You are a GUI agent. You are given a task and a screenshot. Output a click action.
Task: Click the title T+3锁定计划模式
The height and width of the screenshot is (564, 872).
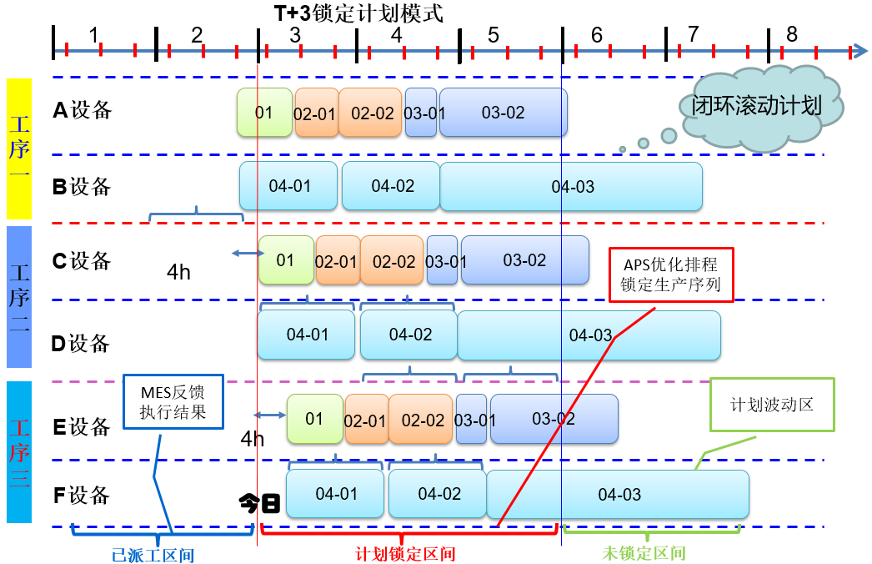coord(358,14)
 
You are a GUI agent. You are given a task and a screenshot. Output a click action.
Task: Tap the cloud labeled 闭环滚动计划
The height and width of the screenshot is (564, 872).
coord(757,107)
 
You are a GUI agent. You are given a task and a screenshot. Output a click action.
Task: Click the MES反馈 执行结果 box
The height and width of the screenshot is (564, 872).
coord(173,401)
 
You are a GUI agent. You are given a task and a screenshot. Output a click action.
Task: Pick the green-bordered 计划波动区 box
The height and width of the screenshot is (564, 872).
coord(771,405)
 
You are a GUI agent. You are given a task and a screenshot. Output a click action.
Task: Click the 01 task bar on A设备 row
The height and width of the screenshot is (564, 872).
coord(264,113)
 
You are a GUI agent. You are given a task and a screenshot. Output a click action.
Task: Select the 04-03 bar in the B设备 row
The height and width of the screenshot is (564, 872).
coord(572,187)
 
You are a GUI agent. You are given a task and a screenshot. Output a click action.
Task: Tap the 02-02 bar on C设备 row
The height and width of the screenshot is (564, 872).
coord(393,261)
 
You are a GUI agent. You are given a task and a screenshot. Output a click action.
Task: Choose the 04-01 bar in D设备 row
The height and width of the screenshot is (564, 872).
coord(307,335)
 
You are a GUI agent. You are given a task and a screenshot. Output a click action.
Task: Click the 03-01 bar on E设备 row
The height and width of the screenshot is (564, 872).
coord(471,420)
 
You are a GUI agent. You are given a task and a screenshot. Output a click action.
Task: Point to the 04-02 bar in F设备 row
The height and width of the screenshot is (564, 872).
coord(438,495)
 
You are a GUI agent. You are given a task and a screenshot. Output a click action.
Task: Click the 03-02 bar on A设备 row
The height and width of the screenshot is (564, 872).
coord(503,113)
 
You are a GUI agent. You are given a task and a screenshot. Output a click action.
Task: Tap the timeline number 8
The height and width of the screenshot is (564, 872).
coord(791,35)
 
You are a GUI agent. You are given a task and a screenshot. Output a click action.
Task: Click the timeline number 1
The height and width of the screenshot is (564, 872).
coord(93,35)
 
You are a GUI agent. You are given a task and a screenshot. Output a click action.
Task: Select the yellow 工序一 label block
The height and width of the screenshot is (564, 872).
coord(19,149)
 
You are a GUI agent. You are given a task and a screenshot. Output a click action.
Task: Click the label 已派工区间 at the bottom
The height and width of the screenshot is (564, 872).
coord(153,554)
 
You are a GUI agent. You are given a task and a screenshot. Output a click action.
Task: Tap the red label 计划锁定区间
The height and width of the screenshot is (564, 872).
coord(405,554)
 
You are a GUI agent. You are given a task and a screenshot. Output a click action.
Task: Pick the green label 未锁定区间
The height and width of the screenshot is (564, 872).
coord(644,554)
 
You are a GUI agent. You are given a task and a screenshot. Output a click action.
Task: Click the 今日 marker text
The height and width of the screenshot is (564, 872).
coord(259,503)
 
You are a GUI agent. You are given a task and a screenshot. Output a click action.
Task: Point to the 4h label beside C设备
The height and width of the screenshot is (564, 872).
coord(179,272)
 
